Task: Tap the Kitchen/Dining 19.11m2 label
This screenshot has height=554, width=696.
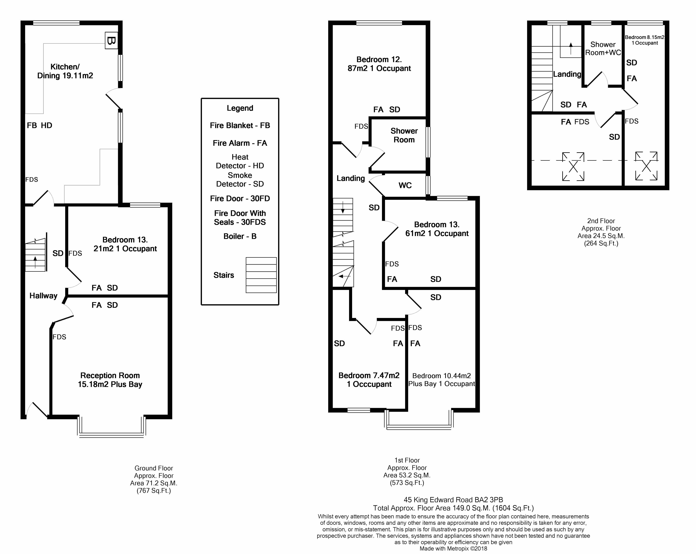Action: (x=65, y=71)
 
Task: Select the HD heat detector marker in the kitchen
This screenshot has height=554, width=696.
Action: (x=46, y=125)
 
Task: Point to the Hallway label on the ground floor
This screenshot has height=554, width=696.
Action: (x=43, y=296)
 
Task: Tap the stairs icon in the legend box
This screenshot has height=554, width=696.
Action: (x=261, y=275)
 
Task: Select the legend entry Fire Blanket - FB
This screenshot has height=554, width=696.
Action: (x=240, y=125)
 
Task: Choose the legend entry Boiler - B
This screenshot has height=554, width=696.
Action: (x=240, y=236)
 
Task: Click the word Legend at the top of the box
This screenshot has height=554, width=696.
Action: (x=240, y=108)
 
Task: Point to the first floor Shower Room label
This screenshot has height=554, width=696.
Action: (x=404, y=135)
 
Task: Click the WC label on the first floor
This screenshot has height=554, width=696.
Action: (x=405, y=185)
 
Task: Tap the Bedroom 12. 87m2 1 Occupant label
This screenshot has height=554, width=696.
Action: (x=379, y=64)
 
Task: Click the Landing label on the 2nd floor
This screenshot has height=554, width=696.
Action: (x=567, y=74)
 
